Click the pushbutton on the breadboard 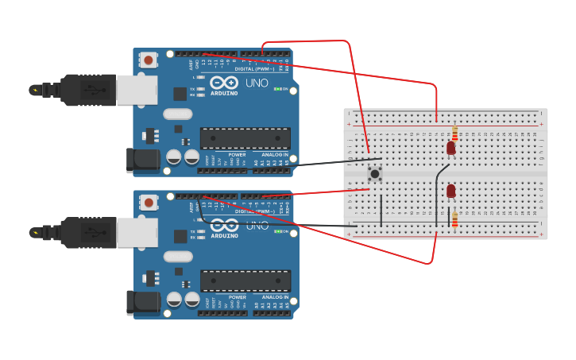point(375,174)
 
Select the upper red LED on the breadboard point(450,148)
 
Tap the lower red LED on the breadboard point(450,191)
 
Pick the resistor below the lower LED point(454,219)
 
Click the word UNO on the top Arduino point(257,83)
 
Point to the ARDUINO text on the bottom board point(224,235)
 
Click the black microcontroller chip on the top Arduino point(245,138)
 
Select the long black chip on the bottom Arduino point(245,281)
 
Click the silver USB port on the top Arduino point(137,90)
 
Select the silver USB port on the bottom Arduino point(137,232)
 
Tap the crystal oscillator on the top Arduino point(178,114)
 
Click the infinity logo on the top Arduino point(224,83)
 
